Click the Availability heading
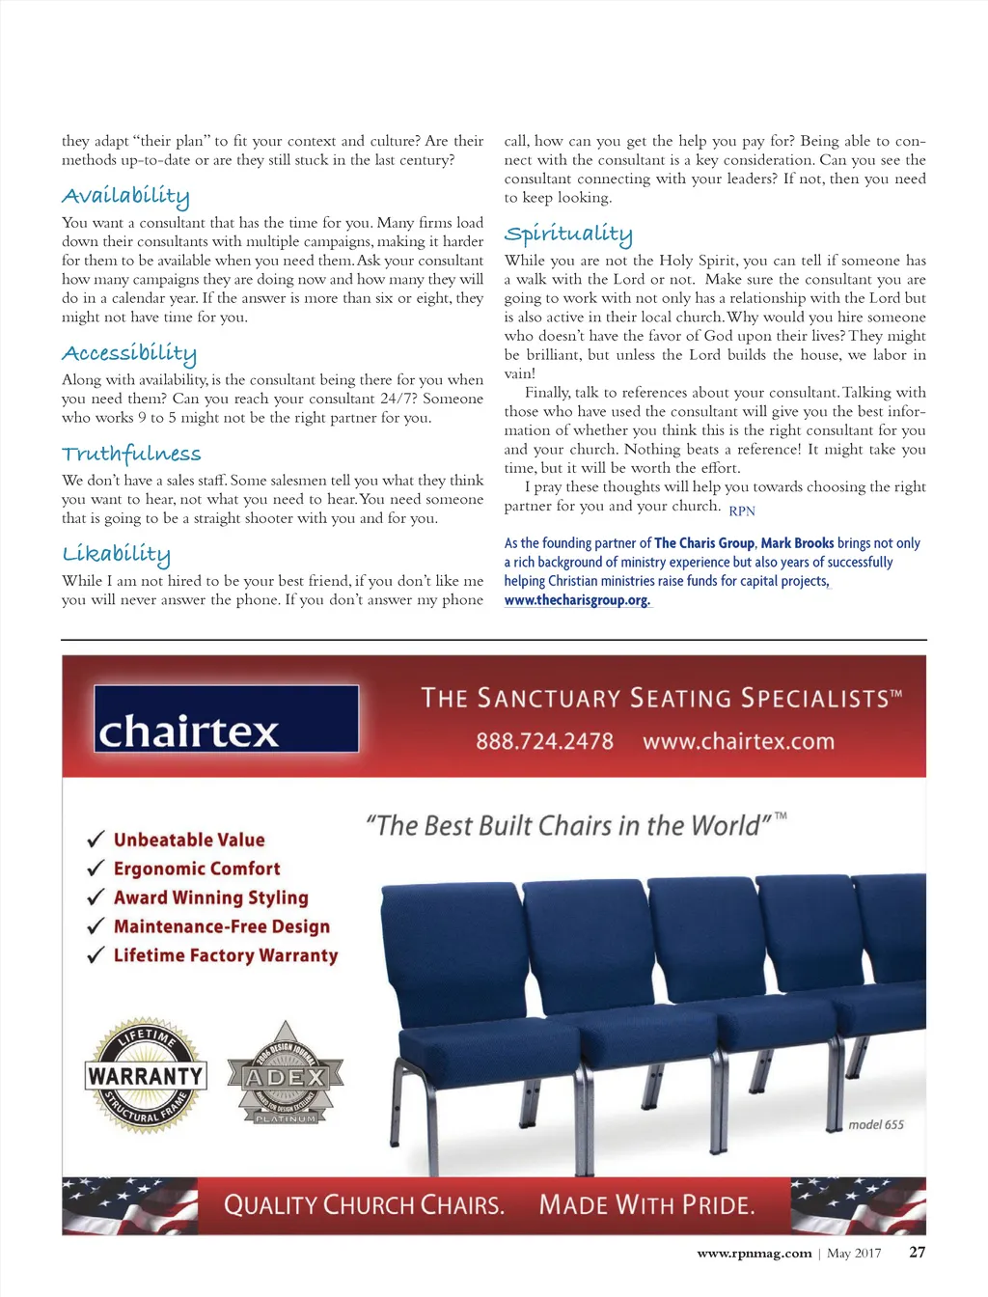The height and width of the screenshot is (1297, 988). [125, 196]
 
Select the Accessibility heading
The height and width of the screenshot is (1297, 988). [129, 353]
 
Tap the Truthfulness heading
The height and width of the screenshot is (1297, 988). [131, 454]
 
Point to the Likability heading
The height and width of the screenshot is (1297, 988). [116, 554]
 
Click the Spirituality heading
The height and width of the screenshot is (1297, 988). [568, 234]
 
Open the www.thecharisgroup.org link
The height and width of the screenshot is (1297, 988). [577, 600]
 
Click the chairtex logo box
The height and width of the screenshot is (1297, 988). [226, 719]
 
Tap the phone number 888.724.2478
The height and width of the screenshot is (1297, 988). [544, 741]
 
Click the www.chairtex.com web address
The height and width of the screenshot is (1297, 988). [738, 741]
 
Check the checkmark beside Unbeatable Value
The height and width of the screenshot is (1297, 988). [96, 839]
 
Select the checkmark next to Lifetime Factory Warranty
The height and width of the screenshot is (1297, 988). [96, 955]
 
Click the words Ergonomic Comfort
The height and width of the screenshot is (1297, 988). [197, 869]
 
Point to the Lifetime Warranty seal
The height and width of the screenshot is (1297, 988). [146, 1075]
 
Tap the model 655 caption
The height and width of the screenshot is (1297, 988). [876, 1124]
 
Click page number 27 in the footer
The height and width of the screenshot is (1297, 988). [917, 1252]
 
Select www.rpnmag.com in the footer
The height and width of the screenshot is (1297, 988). [755, 1253]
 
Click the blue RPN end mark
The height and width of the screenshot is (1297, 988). [742, 511]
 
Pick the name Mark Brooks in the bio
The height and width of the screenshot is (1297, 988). [797, 543]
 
